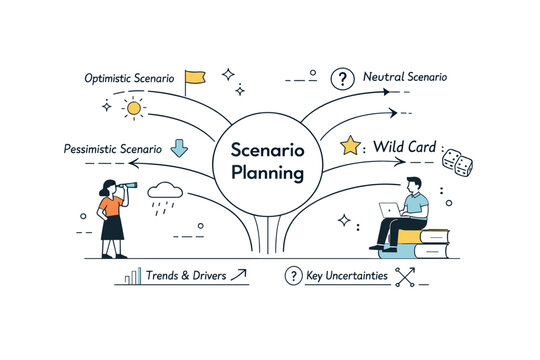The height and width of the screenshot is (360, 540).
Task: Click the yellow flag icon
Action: [x=195, y=76]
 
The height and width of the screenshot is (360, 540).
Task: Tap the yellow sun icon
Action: [x=132, y=107]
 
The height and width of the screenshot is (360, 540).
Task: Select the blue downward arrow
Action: [x=180, y=148]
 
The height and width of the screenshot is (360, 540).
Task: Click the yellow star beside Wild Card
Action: [x=350, y=147]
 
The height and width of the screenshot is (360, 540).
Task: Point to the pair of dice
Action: [x=457, y=163]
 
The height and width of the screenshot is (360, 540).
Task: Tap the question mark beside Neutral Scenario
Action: [x=343, y=78]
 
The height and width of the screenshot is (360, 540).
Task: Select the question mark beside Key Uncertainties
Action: [x=293, y=276]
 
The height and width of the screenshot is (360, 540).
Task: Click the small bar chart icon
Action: [x=132, y=276]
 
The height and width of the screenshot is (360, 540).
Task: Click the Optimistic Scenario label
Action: [x=130, y=77]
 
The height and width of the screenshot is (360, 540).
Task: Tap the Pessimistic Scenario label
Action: [x=110, y=149]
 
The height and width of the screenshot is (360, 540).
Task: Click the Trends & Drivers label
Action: [x=185, y=275]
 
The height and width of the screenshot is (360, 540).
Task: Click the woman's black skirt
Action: [x=111, y=225]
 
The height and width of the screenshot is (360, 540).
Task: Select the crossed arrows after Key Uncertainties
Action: [x=405, y=277]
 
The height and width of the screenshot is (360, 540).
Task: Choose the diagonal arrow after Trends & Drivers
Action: [x=239, y=275]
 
